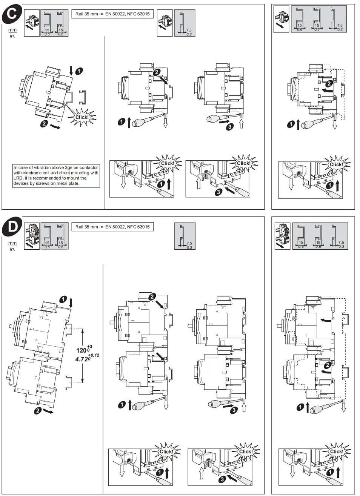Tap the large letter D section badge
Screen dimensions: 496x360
12,227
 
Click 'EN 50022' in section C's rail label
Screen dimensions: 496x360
115,14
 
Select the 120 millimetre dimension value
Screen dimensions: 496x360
81,350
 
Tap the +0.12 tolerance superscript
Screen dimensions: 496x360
94,355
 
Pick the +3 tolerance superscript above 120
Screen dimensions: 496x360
89,346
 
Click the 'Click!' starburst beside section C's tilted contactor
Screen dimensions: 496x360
82,117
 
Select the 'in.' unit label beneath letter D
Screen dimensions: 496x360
12,249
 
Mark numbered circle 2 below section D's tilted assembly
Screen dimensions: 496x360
37,410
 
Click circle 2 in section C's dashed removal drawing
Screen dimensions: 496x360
329,84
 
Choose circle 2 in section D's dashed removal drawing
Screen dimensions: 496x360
328,365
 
